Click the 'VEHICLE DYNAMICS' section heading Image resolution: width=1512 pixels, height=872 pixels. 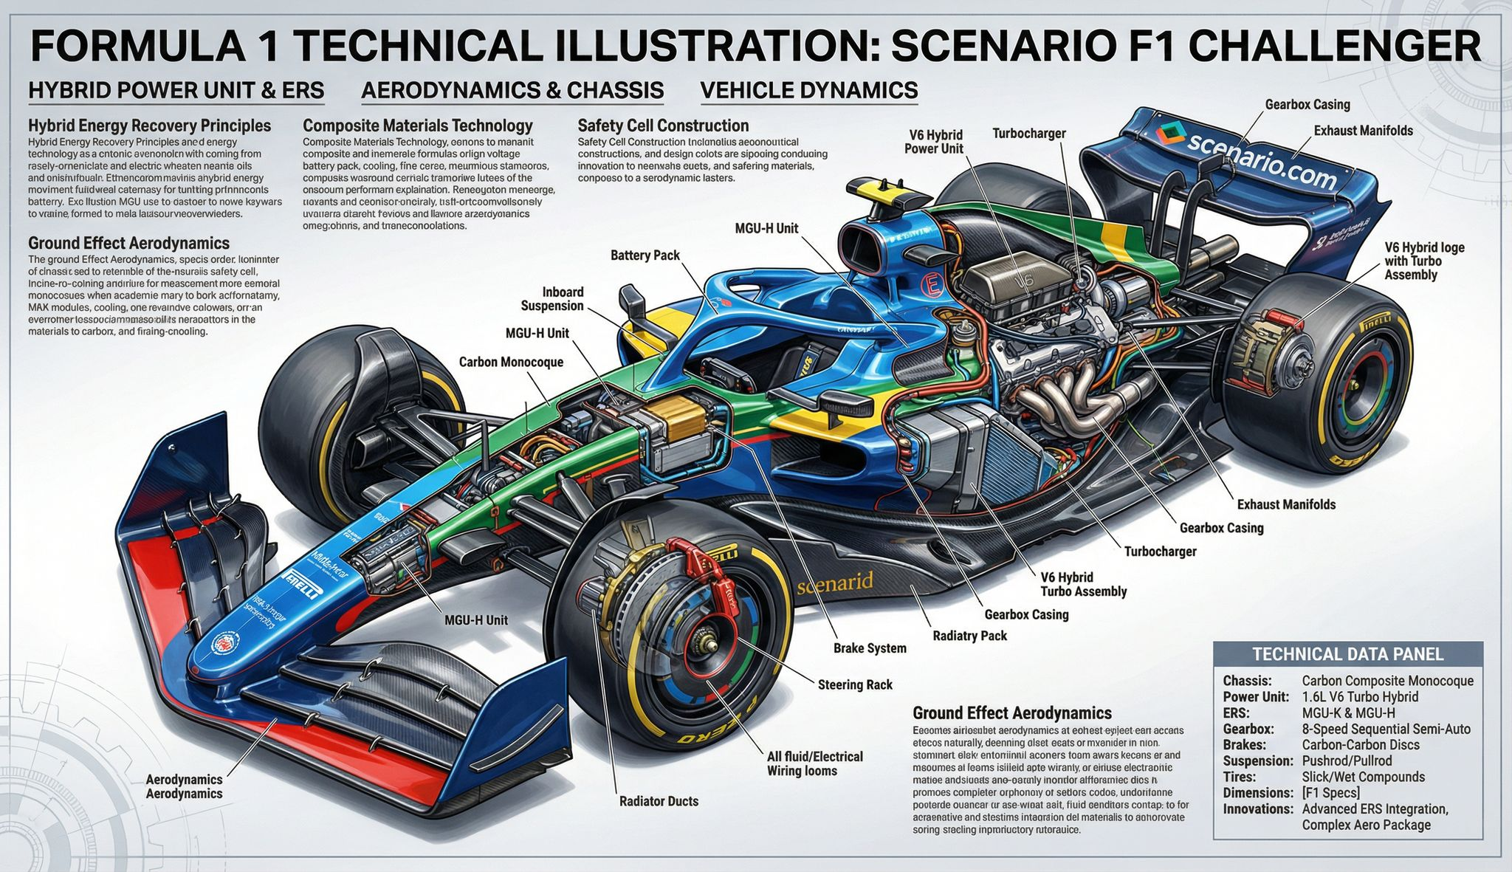(x=808, y=90)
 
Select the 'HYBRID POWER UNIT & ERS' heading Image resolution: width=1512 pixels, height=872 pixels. (x=176, y=90)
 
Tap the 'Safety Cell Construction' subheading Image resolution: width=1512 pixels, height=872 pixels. (x=663, y=126)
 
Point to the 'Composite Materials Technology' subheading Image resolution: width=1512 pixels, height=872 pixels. (x=418, y=126)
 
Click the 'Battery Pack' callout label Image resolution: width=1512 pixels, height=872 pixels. (x=645, y=255)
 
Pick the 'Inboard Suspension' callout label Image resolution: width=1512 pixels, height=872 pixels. (x=552, y=299)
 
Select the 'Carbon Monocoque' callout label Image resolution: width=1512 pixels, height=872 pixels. (x=511, y=362)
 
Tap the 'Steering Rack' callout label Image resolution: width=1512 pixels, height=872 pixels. (x=855, y=684)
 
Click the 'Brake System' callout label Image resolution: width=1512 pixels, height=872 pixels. (x=870, y=648)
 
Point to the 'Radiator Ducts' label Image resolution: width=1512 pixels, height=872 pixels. (x=659, y=800)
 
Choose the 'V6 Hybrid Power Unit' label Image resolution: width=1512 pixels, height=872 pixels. (x=933, y=142)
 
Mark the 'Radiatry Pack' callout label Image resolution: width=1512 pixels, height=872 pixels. (x=969, y=636)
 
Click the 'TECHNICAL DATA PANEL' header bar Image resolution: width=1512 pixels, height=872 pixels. (x=1347, y=654)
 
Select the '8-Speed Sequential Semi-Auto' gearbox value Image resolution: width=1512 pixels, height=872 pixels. (x=1386, y=729)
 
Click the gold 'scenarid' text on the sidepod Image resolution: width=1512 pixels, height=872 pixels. (x=835, y=583)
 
